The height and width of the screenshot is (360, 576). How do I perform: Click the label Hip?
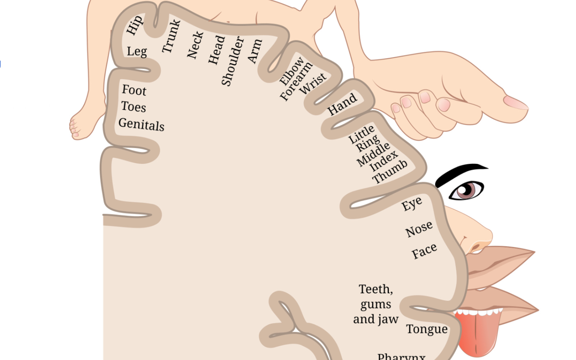pos(134,25)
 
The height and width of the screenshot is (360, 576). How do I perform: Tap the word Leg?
pos(137,51)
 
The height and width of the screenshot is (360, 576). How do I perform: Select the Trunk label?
pos(171,36)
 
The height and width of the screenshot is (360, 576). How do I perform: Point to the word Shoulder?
pos(232,61)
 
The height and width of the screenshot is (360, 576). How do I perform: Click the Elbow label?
pos(292,71)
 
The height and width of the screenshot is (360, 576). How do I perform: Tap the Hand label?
pos(342,104)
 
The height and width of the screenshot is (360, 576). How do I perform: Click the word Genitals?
pos(141,125)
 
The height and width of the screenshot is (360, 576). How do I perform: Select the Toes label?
pos(134,107)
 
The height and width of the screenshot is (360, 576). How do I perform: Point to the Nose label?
pos(419,229)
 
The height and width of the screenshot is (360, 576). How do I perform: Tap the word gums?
pos(375,305)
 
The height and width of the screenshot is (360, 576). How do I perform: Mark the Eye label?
pos(412,204)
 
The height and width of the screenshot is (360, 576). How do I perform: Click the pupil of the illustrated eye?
pos(467,189)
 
